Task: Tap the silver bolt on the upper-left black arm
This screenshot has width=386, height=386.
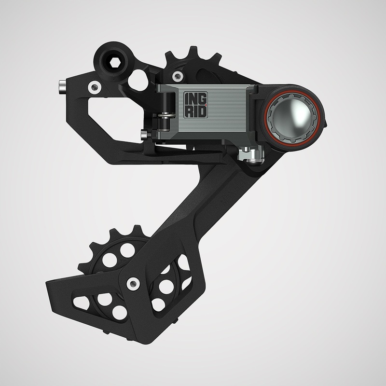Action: coord(94,87)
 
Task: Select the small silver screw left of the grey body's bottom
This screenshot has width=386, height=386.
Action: coord(143,134)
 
